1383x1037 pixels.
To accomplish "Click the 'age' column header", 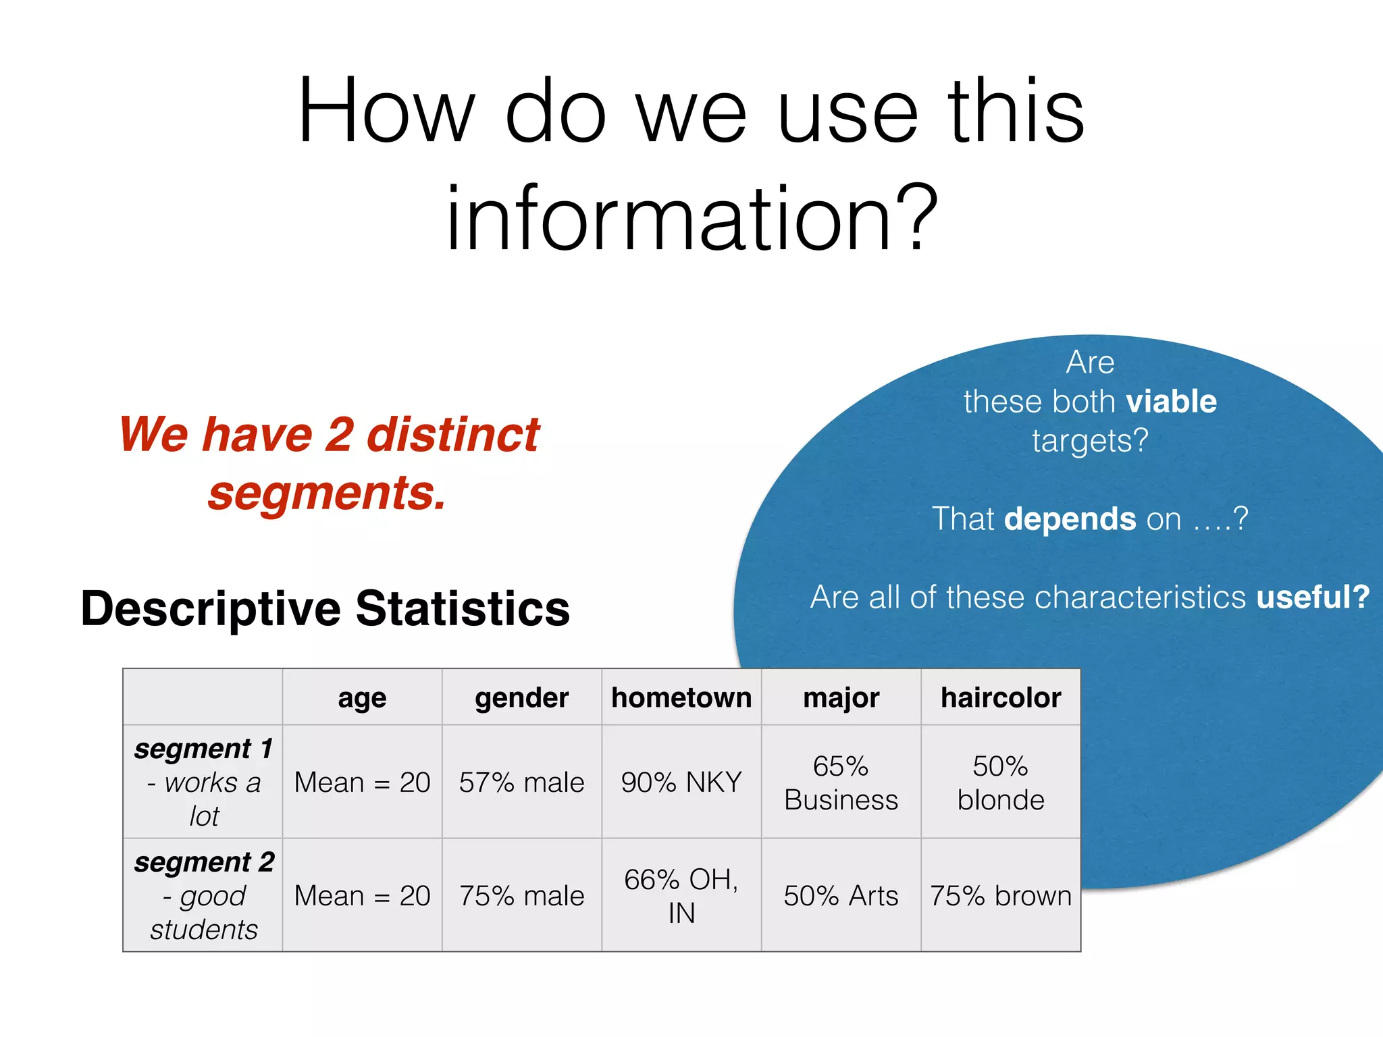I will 362,697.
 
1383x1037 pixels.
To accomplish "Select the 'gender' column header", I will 521,697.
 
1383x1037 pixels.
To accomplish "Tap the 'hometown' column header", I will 681,697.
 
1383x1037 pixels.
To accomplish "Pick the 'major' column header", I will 841,697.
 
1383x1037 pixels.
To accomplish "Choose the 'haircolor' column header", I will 1001,697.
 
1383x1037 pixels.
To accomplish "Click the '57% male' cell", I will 521,782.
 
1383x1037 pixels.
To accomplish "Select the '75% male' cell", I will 521,896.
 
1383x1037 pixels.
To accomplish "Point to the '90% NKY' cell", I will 681,782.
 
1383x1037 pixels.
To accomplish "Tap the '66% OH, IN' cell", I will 681,896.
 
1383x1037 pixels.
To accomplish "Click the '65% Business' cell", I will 841,782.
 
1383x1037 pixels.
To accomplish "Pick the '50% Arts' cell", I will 841,896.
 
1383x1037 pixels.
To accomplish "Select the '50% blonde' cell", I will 1001,782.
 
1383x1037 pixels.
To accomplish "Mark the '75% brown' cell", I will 1001,896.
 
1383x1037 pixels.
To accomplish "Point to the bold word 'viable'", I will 1172,402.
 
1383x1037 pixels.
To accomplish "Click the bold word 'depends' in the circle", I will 1070,519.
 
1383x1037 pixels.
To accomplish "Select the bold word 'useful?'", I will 1312,597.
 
